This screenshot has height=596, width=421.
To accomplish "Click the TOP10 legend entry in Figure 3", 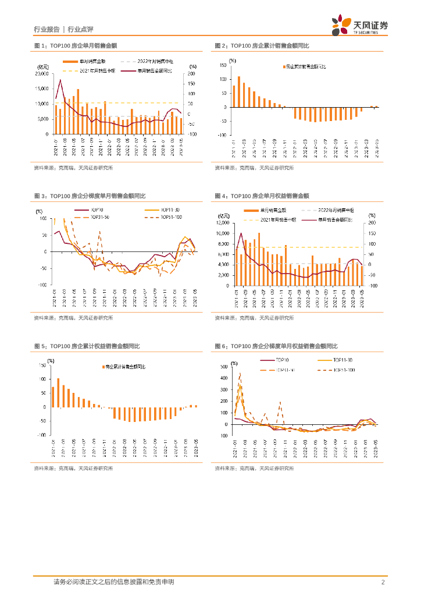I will pos(97,210).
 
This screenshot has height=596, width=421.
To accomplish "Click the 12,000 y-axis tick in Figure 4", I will pos(224,223).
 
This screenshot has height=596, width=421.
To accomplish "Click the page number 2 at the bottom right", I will pos(383,582).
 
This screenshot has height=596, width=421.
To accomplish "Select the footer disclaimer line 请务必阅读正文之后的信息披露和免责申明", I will pos(113,582).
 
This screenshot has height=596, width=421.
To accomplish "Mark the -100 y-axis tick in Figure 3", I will pos(42,285).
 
